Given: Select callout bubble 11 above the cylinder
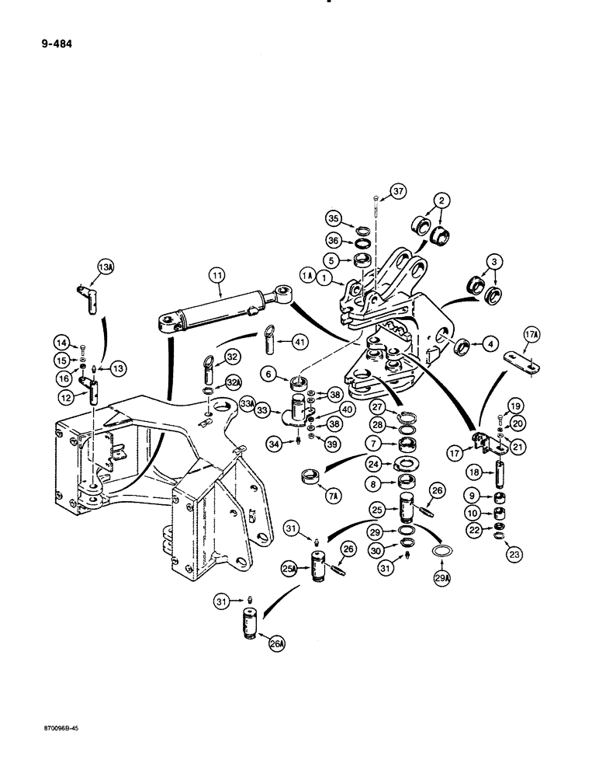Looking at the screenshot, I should coord(215,274).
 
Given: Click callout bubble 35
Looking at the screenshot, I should coord(334,217).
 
